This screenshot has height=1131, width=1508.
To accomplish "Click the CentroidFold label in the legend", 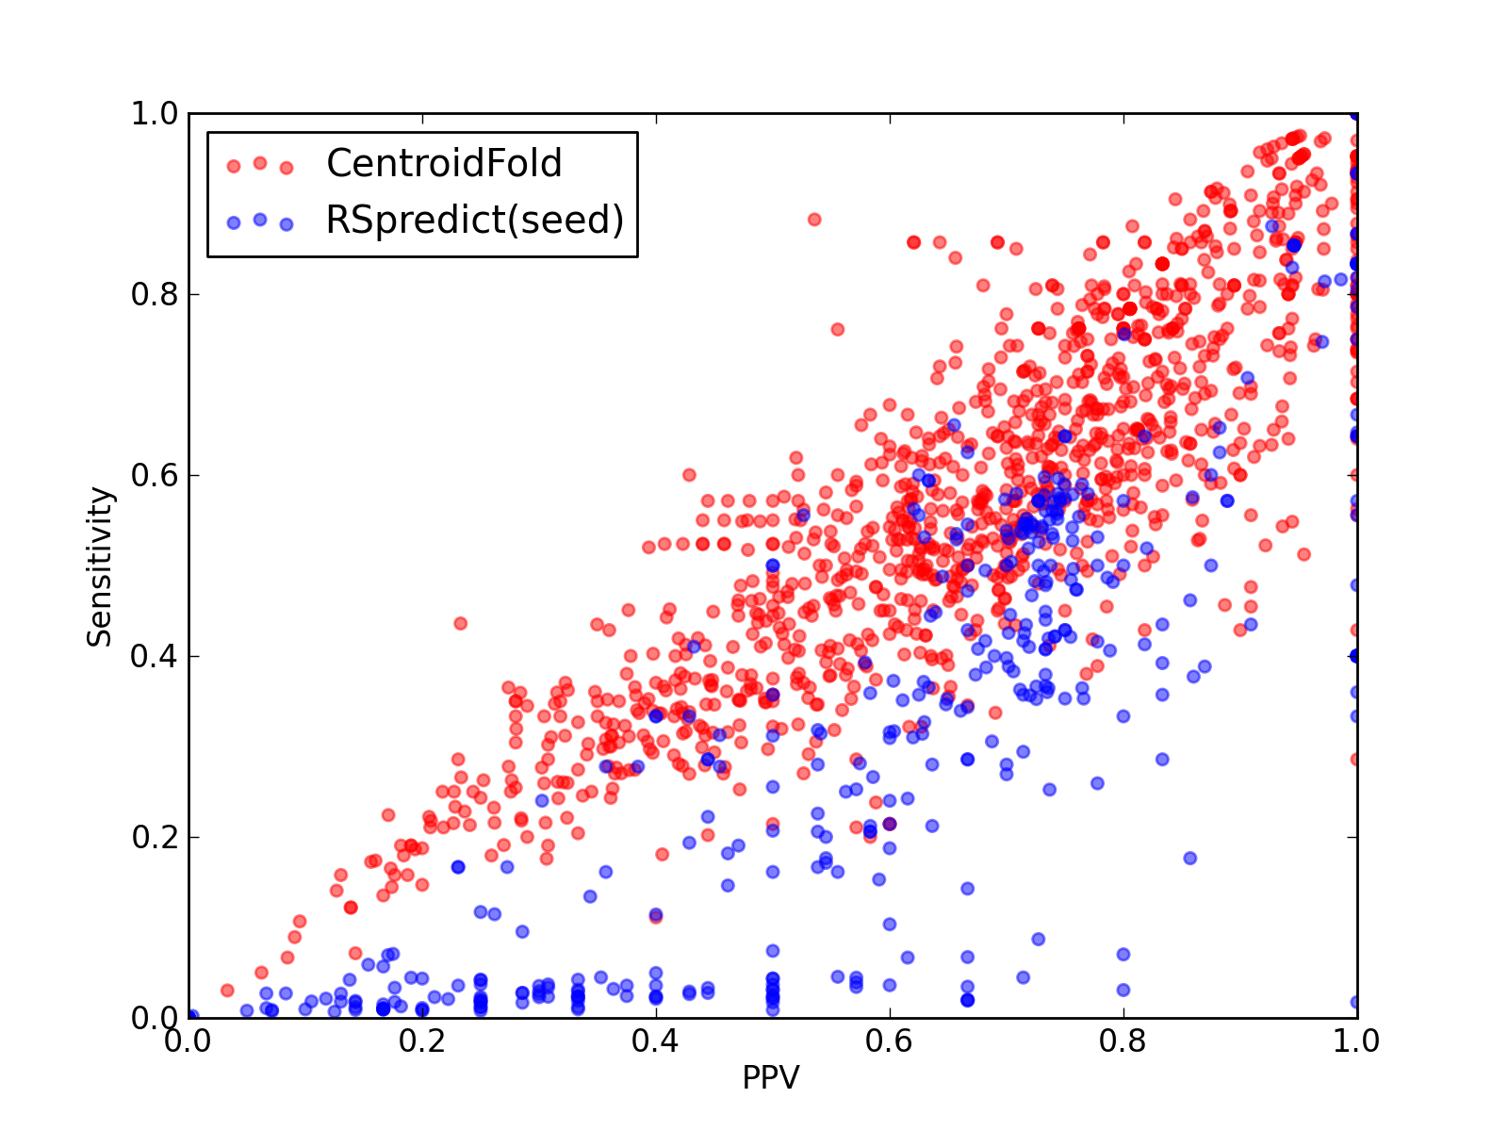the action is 444,163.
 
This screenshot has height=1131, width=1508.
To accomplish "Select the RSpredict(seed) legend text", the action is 475,220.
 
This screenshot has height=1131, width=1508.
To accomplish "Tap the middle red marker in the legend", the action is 260,163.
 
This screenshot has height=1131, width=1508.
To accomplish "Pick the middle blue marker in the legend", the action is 260,220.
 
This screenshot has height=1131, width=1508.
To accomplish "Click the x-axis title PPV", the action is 771,1077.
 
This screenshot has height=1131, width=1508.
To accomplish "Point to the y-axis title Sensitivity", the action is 100,566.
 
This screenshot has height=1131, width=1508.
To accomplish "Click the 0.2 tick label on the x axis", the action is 421,1041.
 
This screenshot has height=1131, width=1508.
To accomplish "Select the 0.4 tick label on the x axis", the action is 655,1041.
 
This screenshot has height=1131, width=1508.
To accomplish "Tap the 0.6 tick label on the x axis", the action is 889,1041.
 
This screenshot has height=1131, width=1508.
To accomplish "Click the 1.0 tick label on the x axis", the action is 1355,1041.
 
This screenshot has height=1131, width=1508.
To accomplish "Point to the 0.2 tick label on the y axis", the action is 155,837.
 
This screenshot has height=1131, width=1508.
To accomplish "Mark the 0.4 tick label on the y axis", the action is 155,656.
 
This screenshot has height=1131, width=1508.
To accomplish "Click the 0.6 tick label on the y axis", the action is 155,475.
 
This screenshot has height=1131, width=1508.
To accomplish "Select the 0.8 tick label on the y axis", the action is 155,294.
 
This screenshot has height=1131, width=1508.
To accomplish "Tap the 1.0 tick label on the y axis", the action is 155,113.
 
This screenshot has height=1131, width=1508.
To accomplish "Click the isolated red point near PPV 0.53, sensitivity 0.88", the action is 814,220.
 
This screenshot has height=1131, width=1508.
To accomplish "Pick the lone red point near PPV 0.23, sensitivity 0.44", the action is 460,624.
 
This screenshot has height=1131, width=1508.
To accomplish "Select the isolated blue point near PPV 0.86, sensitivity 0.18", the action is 1190,858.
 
